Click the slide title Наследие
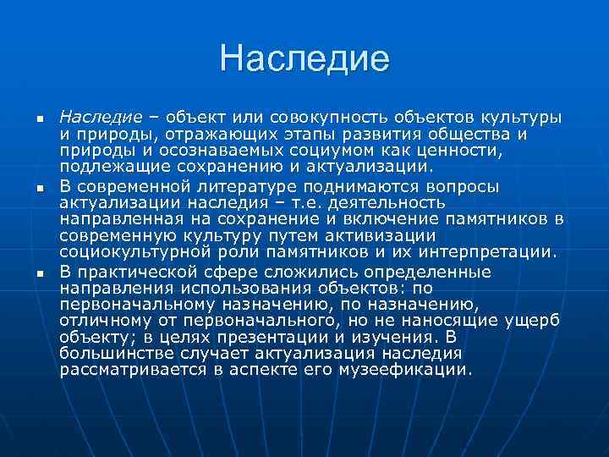[304, 58]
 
